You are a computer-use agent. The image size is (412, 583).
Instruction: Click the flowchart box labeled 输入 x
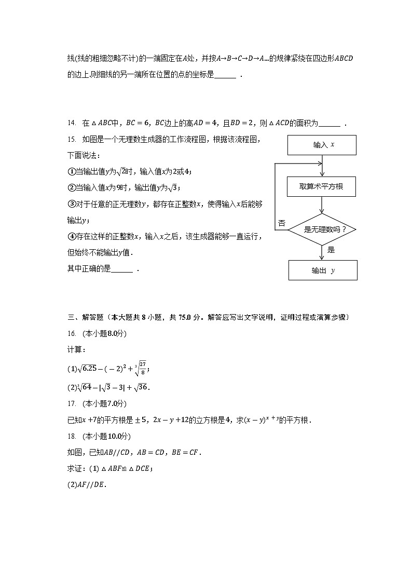[x=322, y=145]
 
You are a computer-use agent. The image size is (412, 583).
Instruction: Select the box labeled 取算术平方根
[x=322, y=186]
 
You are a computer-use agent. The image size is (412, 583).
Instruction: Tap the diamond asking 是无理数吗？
[x=322, y=229]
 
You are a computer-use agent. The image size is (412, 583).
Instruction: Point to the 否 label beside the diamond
[x=282, y=223]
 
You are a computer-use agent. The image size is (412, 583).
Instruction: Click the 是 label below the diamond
[x=331, y=250]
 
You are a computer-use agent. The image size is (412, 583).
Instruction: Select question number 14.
[x=72, y=124]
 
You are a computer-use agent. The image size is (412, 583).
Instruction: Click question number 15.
[x=72, y=140]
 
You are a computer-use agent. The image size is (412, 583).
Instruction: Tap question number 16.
[x=72, y=333]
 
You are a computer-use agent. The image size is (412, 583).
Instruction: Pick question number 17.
[x=72, y=403]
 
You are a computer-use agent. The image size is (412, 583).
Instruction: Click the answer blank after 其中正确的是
[x=122, y=269]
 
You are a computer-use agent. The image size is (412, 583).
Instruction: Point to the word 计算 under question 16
[x=74, y=350]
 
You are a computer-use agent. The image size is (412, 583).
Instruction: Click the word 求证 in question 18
[x=76, y=468]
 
